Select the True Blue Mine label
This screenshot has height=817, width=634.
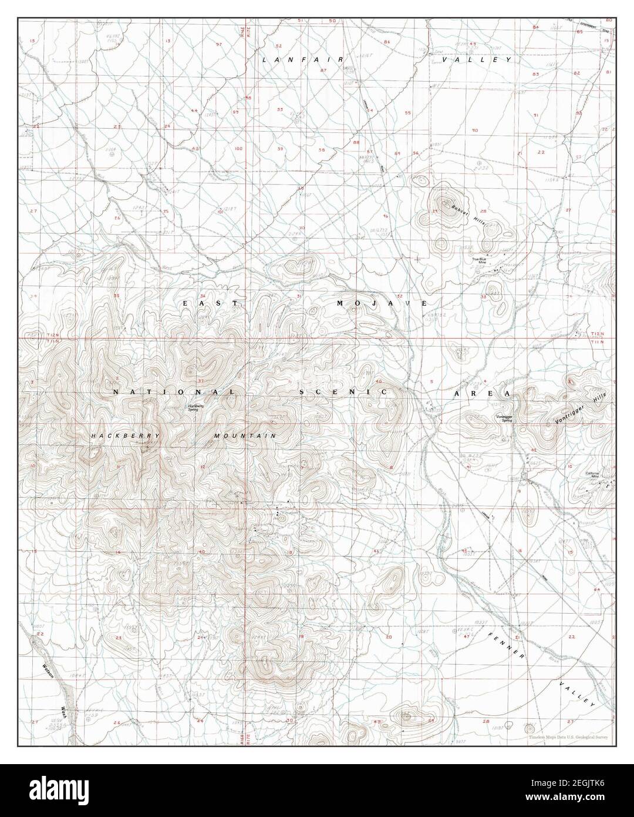pos(480,261)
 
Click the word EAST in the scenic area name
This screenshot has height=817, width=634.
pos(210,303)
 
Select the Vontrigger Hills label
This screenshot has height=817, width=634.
pos(580,409)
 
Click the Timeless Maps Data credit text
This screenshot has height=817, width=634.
pos(567,736)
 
